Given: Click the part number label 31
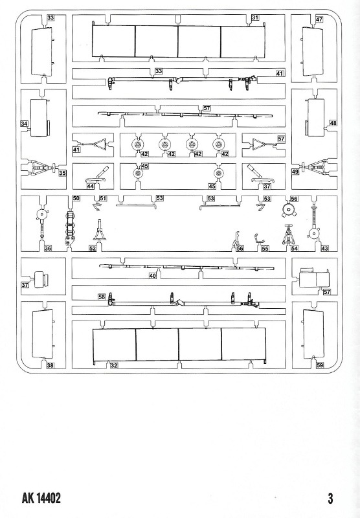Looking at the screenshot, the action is pos(255,17).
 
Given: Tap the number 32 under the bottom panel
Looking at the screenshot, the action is pos(113,365).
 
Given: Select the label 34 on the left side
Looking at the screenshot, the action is pos(24,124).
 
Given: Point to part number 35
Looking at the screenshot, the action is pos(62,172).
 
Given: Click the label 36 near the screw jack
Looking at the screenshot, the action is pos(48,248).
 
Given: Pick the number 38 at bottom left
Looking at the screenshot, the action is pos(50,365).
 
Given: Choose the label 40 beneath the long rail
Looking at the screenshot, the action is pos(152,276).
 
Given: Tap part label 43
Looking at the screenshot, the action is pos(324,248).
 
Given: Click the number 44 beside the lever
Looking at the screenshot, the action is pos(90,186).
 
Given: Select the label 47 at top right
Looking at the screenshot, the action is pos(319,19).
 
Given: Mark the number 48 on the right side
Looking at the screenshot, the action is pos(333,123).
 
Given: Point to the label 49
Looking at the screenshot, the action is pos(295,172).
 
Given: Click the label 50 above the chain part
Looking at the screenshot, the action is pos(76,198).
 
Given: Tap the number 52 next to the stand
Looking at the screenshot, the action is pos(93,248).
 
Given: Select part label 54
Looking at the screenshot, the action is pos(294,248).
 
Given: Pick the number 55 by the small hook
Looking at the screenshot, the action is pos(265,248).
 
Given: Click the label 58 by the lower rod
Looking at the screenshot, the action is pos(102,297).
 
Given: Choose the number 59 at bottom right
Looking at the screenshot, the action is pos(320,365).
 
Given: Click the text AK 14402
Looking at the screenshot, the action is pos(41,498).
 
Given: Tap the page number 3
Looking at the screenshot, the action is pos(330,498).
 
